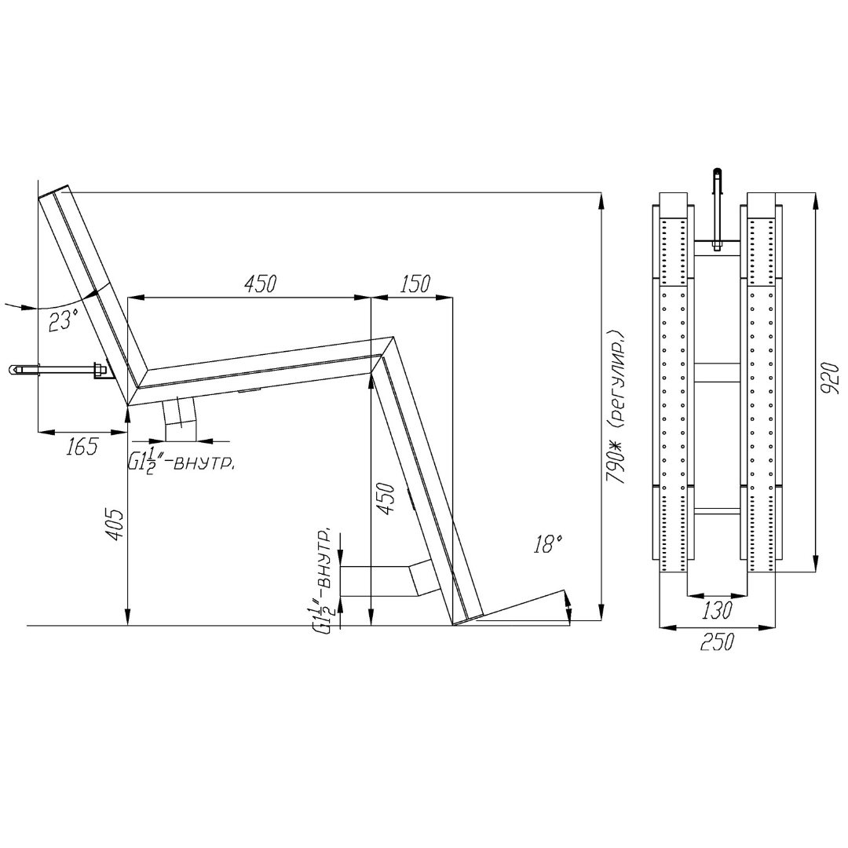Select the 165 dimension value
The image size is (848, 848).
82,447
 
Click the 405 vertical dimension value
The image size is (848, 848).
115,524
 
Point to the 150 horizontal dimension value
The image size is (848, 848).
415,284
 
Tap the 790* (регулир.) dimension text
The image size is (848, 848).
616,406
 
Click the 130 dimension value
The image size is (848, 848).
717,610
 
